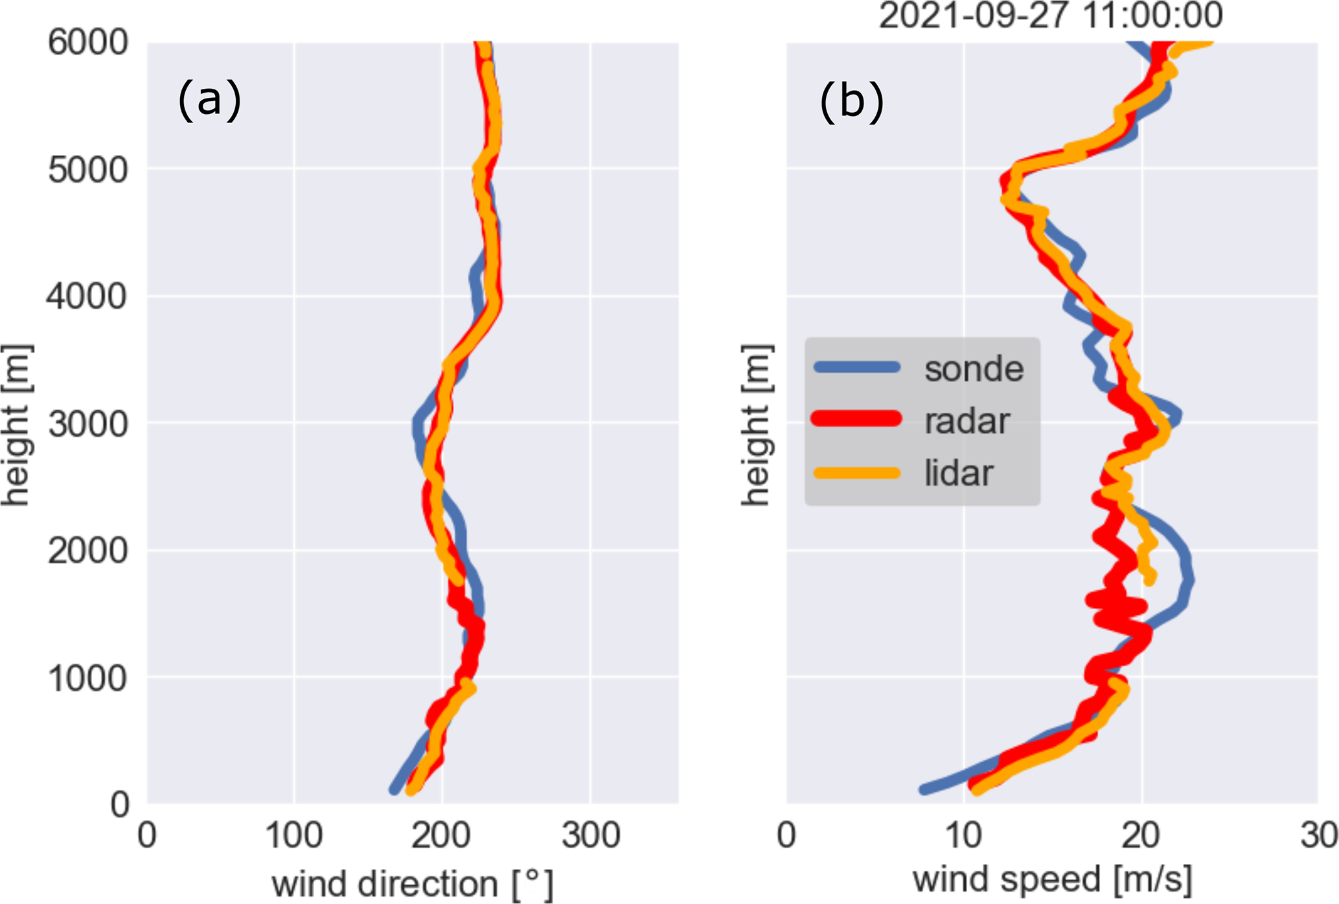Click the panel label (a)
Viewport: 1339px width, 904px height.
click(209, 100)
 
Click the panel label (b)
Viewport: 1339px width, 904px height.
click(851, 102)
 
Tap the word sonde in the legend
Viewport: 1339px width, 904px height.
click(974, 369)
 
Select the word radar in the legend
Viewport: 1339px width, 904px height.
click(967, 421)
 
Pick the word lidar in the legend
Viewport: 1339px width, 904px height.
click(958, 473)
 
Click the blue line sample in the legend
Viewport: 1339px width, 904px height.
click(856, 367)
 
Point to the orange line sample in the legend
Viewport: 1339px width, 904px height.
click(856, 473)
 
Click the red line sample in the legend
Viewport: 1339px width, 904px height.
click(856, 419)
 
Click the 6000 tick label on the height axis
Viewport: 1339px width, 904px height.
click(88, 43)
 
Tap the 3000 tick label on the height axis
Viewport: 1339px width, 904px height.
click(88, 424)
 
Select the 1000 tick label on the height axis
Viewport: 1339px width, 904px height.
click(88, 678)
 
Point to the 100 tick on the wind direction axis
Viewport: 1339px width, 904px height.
click(294, 836)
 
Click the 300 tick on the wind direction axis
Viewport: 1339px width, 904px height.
click(590, 836)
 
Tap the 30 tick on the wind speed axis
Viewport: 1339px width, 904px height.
click(1319, 836)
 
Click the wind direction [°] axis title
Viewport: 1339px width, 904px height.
click(413, 884)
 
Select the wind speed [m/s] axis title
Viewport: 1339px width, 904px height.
click(1052, 880)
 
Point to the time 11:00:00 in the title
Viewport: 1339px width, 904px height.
click(1152, 16)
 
